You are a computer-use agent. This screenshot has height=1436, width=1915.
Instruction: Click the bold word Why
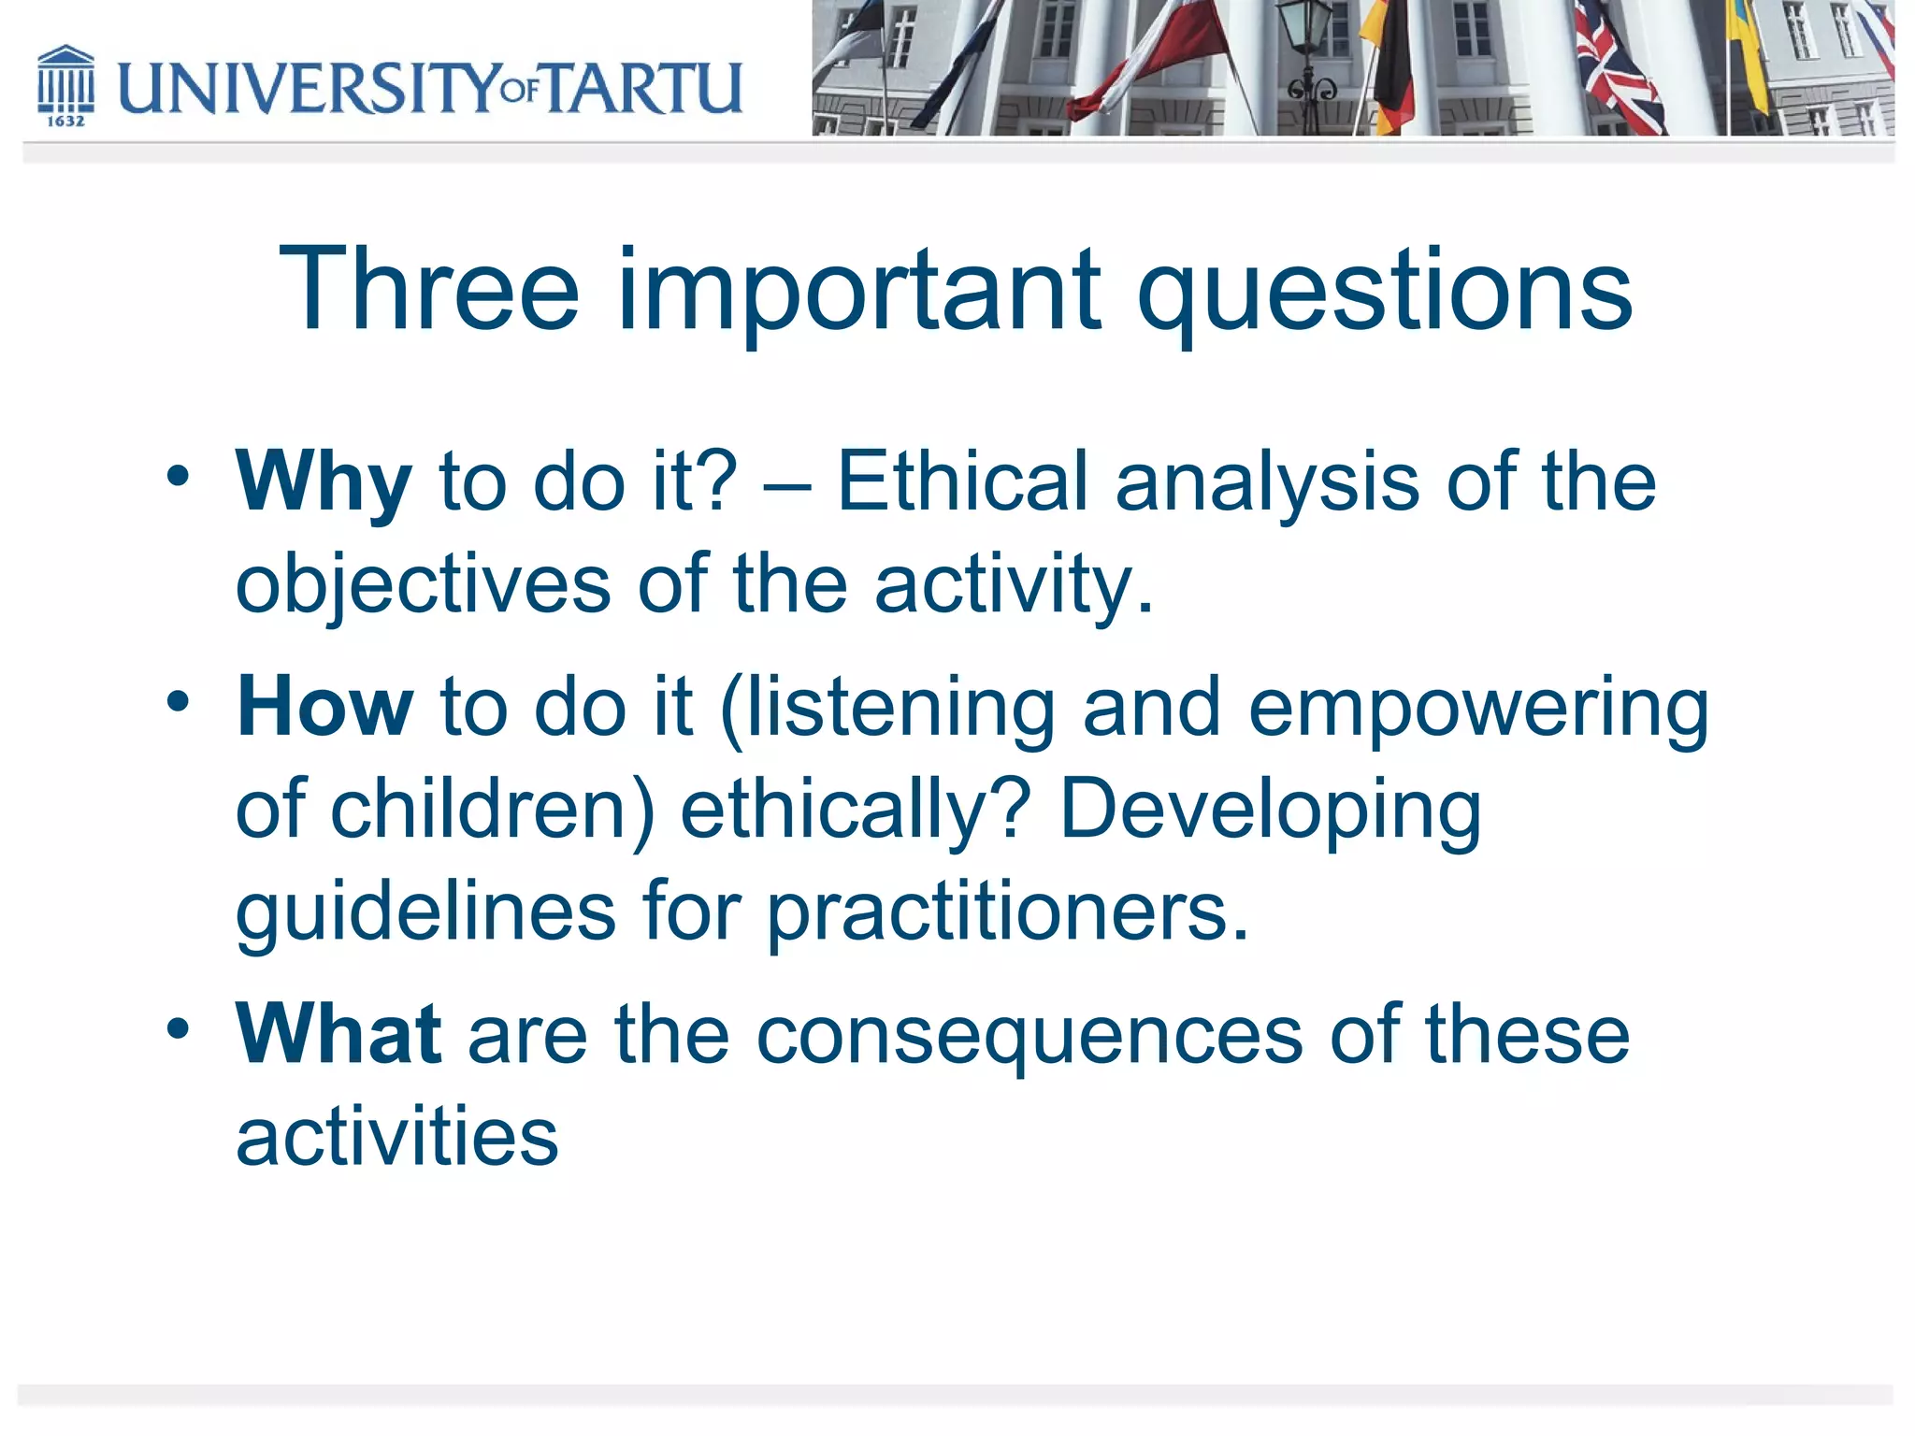point(323,482)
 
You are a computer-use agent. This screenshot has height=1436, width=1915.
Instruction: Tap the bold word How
point(324,707)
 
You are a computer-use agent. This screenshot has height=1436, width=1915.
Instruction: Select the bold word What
point(338,1034)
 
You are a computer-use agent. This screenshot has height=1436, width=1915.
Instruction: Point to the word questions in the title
point(1384,292)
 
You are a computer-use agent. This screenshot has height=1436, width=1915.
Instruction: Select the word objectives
point(423,585)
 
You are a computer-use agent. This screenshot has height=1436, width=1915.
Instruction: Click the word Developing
point(1270,811)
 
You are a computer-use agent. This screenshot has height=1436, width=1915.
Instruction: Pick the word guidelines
point(425,912)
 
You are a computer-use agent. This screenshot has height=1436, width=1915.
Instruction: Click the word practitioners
point(1006,912)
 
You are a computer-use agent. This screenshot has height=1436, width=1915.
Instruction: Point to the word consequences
point(1029,1036)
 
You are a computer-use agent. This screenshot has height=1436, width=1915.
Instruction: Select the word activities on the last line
point(396,1137)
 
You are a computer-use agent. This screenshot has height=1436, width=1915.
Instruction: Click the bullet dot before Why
point(178,477)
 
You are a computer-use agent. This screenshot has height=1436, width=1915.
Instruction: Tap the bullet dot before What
point(178,1028)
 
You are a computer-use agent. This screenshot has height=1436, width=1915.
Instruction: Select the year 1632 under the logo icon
point(65,122)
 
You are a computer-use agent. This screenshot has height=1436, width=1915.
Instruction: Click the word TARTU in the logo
point(643,88)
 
